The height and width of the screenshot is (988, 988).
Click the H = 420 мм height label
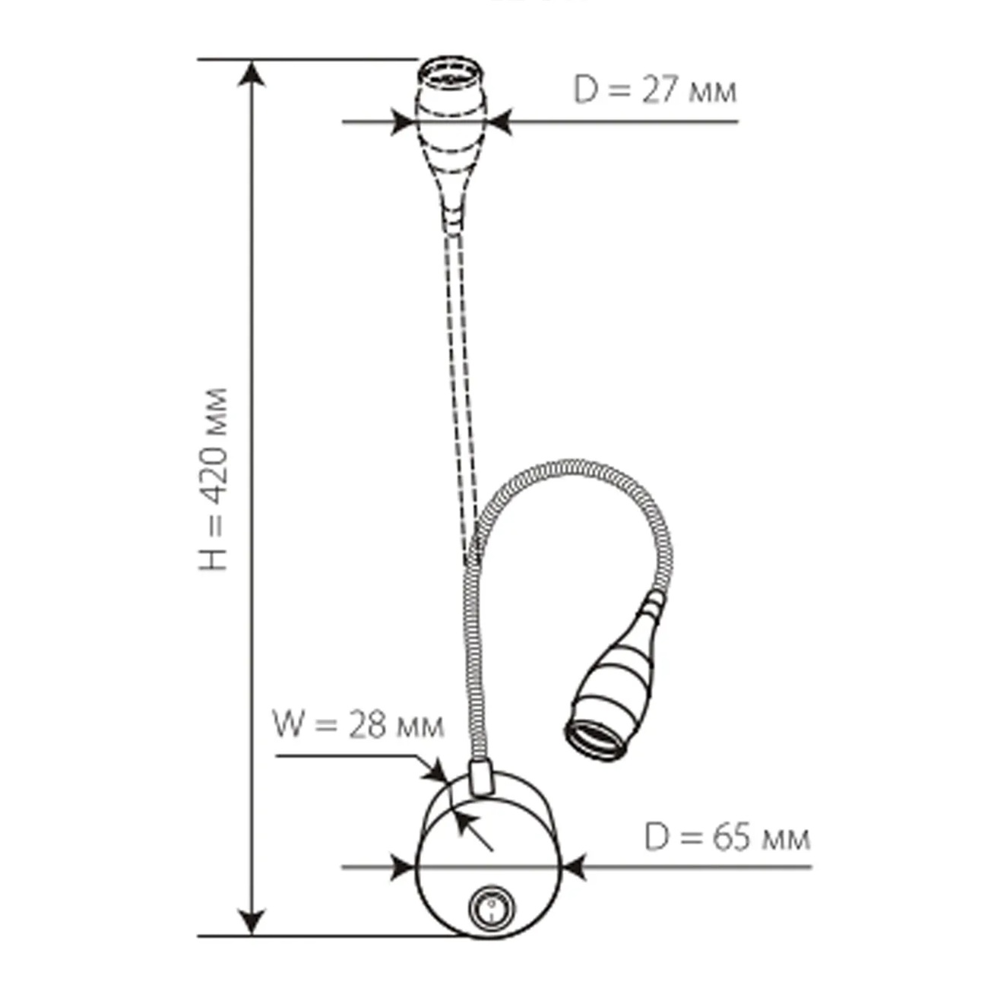[213, 479]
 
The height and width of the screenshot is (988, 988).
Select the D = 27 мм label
[654, 90]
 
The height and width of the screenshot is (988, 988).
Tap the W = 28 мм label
[359, 725]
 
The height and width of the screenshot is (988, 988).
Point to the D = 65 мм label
[727, 838]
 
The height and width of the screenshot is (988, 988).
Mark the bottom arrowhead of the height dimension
[252, 922]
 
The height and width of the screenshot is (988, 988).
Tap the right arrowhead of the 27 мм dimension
[500, 122]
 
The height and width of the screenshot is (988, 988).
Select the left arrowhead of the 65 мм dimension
[403, 867]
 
